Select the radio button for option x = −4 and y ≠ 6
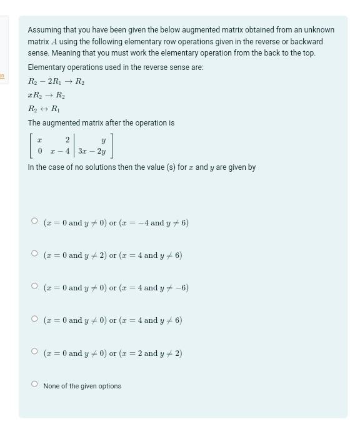pyautogui.click(x=35, y=222)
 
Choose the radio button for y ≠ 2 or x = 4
pyautogui.click(x=35, y=255)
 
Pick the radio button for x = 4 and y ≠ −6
pyautogui.click(x=35, y=287)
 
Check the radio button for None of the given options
pyautogui.click(x=35, y=385)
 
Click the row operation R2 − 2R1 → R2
pyautogui.click(x=56, y=81)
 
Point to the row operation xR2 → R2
pyautogui.click(x=46, y=95)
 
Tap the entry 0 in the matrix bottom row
pyautogui.click(x=40, y=151)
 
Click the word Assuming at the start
pyautogui.click(x=43, y=30)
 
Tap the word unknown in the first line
pyautogui.click(x=319, y=30)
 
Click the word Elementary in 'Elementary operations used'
pyautogui.click(x=46, y=67)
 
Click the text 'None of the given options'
pyautogui.click(x=82, y=386)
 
